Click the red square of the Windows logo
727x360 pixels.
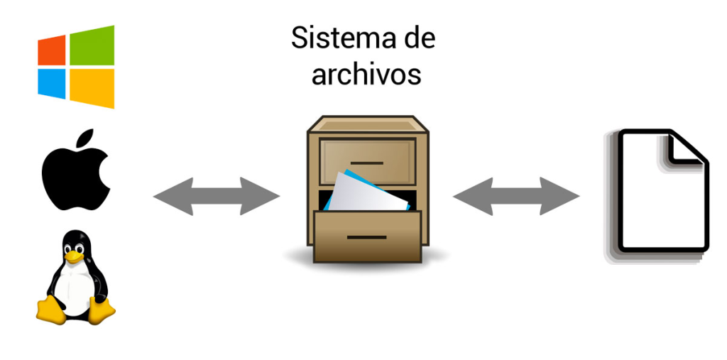click(x=52, y=50)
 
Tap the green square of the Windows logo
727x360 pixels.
click(x=92, y=45)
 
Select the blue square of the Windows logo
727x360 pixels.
click(x=52, y=83)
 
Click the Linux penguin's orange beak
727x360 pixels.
click(x=74, y=253)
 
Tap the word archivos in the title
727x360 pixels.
click(x=366, y=73)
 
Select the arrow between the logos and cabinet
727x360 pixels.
click(x=217, y=196)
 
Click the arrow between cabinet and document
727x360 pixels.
click(x=516, y=196)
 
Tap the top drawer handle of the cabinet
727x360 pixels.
click(x=367, y=163)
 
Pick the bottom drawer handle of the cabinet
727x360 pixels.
click(x=367, y=236)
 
